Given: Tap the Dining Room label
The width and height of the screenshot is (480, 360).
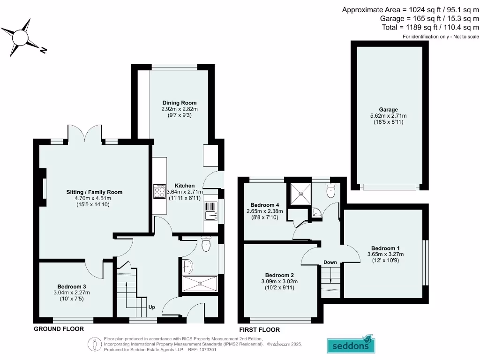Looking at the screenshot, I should (180, 103).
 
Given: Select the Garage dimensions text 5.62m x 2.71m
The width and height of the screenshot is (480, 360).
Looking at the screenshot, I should (389, 116).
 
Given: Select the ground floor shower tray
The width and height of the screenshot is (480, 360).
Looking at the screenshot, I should (200, 283).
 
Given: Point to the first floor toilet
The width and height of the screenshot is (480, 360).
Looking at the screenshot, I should (331, 190).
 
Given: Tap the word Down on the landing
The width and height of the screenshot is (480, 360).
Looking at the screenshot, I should (330, 262).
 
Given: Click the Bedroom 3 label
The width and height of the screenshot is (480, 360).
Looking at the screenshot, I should (72, 286).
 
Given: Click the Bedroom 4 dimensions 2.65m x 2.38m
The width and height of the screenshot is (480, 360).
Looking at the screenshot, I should (265, 211).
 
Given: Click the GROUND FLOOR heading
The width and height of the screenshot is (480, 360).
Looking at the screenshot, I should (59, 329).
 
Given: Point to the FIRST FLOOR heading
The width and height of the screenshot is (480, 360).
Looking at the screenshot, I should (259, 330).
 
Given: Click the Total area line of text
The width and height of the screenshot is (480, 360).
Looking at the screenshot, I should (430, 27).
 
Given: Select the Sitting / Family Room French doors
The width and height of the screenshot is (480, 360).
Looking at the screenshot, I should (84, 134).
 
